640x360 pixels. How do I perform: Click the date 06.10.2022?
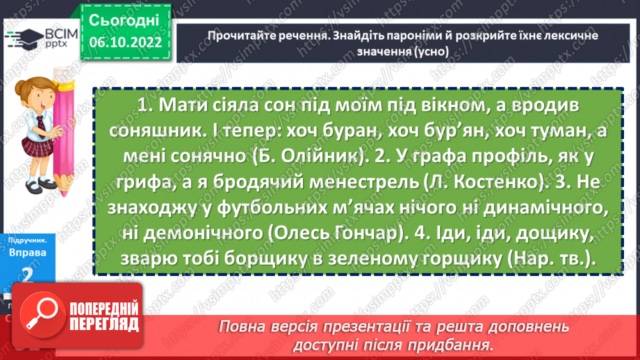pyautogui.click(x=125, y=42)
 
